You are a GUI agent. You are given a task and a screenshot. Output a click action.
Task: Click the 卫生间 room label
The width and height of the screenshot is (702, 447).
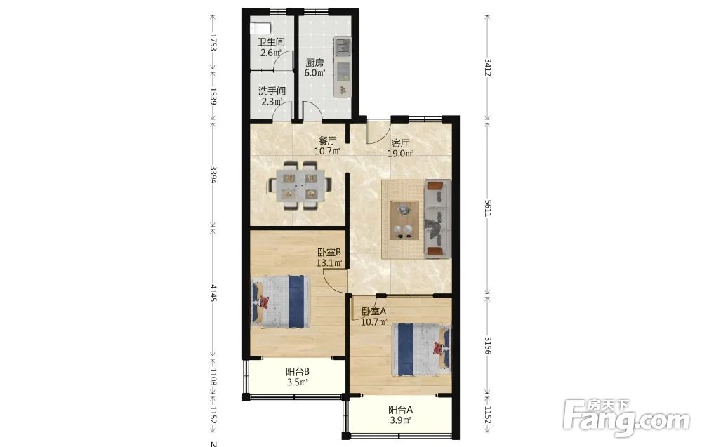[x=271, y=43]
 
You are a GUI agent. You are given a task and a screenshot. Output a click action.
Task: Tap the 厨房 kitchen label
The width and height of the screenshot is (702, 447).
[x=314, y=63]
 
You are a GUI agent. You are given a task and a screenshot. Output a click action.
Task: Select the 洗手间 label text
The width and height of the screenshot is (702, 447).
[x=272, y=91]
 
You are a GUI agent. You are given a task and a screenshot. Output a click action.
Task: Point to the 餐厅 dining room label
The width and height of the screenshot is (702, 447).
[x=327, y=140]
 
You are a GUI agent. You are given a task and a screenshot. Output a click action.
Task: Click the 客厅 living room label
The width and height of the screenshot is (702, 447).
[x=400, y=143]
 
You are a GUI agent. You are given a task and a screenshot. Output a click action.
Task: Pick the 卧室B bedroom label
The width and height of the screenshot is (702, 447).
[x=329, y=253]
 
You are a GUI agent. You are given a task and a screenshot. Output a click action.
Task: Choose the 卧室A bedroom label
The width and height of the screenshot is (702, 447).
[x=374, y=312]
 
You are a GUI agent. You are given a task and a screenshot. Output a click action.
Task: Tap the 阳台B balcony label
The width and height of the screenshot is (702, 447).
[x=298, y=372]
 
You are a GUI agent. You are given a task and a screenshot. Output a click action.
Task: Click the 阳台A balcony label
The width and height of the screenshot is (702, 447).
[x=400, y=410]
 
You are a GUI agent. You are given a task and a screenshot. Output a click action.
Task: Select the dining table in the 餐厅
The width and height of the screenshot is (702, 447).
[x=300, y=185]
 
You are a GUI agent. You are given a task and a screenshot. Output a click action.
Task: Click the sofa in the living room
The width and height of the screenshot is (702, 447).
[x=437, y=218]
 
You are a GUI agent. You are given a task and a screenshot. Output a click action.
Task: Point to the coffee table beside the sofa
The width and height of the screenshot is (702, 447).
[x=404, y=220]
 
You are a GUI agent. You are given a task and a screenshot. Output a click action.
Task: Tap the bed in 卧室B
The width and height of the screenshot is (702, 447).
[x=282, y=302]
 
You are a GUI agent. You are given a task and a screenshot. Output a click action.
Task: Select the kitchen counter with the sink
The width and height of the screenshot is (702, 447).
[x=342, y=67]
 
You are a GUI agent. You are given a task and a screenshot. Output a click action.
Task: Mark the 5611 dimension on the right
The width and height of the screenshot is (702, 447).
[x=488, y=208]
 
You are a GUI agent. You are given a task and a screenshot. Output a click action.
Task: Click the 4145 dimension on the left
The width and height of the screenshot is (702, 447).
[x=213, y=293]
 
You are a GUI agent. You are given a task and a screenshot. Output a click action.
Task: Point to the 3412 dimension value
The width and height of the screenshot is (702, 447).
[x=488, y=67]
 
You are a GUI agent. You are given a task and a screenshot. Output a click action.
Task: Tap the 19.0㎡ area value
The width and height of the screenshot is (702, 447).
[x=400, y=154]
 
